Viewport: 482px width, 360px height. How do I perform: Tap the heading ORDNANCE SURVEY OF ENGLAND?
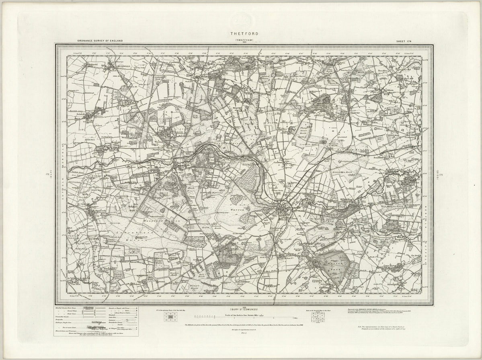coord(99,41)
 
